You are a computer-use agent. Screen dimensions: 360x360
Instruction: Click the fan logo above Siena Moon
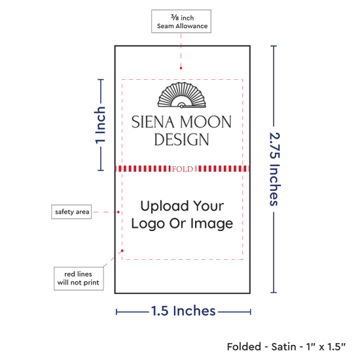click(181, 95)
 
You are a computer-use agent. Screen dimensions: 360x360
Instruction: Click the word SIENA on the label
click(153, 122)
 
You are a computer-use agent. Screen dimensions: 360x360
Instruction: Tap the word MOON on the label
click(206, 122)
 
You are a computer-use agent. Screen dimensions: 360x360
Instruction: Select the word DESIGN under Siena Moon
click(181, 139)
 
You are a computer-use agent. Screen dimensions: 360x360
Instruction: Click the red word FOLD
click(183, 170)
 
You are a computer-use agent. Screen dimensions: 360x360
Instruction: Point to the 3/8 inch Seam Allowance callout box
click(181, 22)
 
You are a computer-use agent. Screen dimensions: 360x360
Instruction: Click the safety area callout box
click(71, 211)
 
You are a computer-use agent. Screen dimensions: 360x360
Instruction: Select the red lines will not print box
click(79, 278)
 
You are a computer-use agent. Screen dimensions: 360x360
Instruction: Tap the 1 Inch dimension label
click(100, 126)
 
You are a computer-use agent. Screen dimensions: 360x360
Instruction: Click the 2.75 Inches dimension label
click(274, 169)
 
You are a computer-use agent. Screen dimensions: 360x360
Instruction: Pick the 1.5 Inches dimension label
click(183, 311)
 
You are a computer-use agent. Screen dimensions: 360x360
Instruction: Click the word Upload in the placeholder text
click(164, 206)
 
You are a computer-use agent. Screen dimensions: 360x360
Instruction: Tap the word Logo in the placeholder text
click(148, 224)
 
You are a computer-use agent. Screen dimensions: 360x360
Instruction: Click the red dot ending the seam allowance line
click(181, 68)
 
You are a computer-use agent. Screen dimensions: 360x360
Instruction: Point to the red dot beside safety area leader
click(118, 212)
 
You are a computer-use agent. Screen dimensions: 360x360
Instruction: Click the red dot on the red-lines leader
click(122, 251)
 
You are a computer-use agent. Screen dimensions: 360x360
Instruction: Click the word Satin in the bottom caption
click(283, 347)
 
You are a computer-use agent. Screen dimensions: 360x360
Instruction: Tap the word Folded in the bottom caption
click(244, 347)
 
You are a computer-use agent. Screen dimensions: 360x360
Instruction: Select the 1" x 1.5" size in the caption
click(326, 347)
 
